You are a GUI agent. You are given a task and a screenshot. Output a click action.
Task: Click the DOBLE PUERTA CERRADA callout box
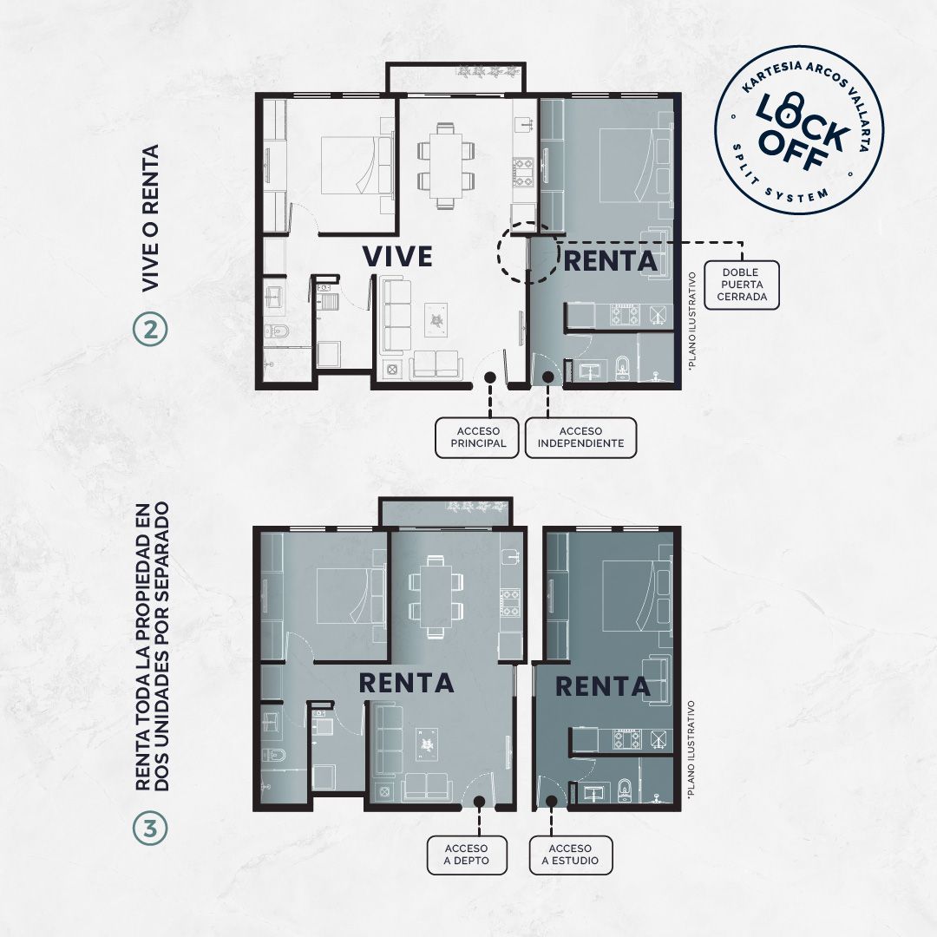742,285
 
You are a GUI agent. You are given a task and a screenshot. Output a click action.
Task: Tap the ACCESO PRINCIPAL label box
477,437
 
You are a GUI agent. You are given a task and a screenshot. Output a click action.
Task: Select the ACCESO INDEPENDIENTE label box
580,437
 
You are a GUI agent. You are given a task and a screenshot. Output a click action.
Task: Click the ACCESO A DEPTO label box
467,855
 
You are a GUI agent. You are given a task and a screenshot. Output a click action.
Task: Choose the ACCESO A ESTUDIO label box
571,855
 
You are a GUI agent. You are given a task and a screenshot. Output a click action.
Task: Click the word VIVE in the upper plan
397,256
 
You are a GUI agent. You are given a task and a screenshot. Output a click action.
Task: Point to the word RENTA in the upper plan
610,261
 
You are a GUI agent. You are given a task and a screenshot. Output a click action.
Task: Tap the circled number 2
151,331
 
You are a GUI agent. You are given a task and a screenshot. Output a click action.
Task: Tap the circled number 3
151,829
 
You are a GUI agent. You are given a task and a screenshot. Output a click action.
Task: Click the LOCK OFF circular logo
799,131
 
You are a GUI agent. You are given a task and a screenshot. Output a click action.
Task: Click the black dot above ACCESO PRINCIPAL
490,377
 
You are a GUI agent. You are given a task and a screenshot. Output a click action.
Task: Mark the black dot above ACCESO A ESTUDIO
551,800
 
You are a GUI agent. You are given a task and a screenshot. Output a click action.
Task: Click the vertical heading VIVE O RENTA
151,218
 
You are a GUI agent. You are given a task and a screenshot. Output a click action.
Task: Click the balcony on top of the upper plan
456,78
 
